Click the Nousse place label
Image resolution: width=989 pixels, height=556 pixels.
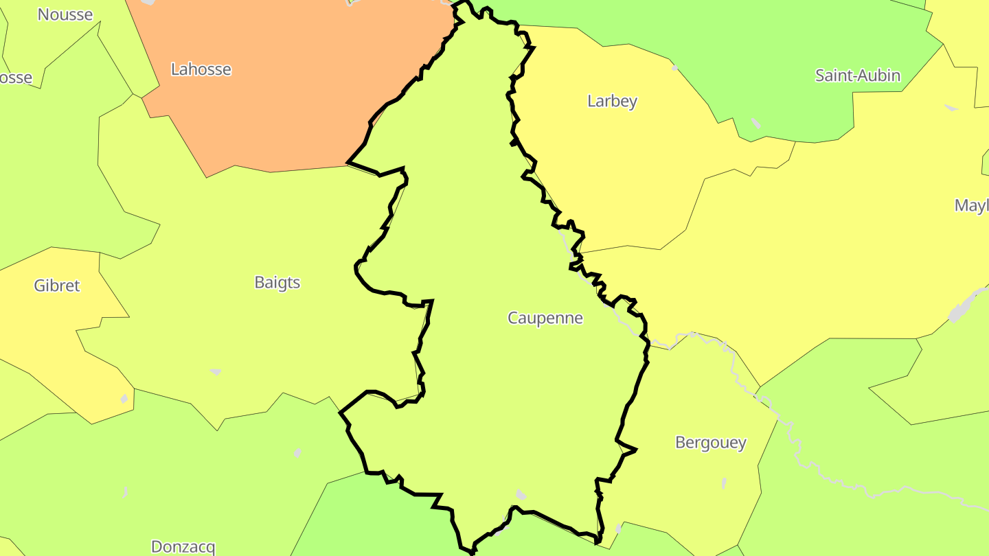tap(65, 14)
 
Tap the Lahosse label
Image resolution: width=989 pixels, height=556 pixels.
tap(201, 69)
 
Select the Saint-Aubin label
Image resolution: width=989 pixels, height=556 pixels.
tap(857, 76)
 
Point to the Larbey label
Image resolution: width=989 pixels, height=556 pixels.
tap(612, 102)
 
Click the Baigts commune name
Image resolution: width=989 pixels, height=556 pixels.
tap(277, 283)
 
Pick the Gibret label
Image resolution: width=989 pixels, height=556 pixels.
tap(57, 286)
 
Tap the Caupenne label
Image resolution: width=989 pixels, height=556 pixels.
tap(545, 318)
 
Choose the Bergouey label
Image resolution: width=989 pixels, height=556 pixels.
tap(710, 443)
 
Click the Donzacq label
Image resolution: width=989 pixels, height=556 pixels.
tap(183, 547)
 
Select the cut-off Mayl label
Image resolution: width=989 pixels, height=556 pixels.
tap(971, 205)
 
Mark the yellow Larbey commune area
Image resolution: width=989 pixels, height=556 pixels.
tap(618, 172)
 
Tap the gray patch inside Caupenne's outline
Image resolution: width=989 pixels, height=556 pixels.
tap(521, 495)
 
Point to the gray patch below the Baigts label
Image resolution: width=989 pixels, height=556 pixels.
tap(216, 372)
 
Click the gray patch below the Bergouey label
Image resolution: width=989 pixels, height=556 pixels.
tap(725, 483)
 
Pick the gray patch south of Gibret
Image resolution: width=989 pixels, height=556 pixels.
tap(124, 398)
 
